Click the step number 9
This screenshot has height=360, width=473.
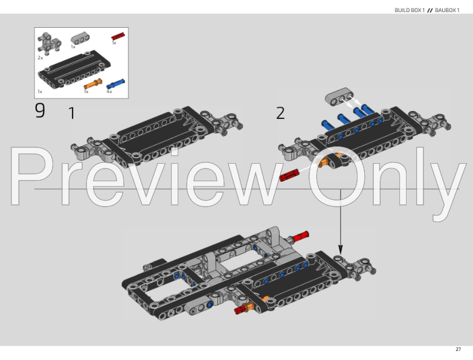(40, 111)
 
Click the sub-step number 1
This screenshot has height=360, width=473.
(72, 113)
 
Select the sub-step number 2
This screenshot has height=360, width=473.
(280, 113)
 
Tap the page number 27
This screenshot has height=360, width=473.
(459, 349)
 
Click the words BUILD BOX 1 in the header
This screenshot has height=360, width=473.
(410, 10)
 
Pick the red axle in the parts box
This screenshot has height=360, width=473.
(118, 37)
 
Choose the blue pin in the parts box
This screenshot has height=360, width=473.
(116, 83)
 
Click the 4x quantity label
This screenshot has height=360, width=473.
(109, 91)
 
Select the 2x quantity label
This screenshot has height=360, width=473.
(40, 57)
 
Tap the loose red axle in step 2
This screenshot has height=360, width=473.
(289, 175)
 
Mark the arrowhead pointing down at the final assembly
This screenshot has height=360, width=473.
(340, 248)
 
